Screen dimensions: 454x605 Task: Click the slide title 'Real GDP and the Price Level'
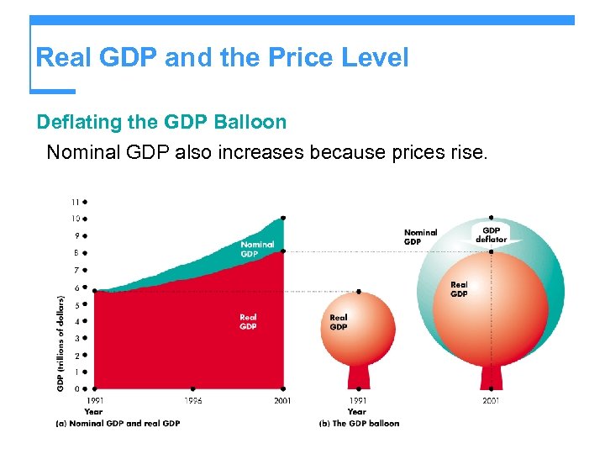point(222,58)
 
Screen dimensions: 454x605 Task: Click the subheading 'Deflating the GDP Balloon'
point(161,122)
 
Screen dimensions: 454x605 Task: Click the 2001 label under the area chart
point(282,401)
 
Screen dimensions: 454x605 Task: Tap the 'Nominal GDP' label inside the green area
point(257,249)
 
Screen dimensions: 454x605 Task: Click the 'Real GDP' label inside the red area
point(248,322)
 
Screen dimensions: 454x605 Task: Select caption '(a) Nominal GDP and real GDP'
point(118,423)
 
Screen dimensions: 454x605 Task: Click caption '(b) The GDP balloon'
point(359,423)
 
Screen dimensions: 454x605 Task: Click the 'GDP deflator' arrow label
point(492,235)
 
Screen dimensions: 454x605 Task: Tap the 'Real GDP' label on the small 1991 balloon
point(339,322)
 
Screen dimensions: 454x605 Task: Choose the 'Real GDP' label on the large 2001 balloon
point(459,289)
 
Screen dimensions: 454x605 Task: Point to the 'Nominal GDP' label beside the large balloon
point(420,237)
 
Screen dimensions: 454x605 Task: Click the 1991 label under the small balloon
point(357,401)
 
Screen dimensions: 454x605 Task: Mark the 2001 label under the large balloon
point(491,401)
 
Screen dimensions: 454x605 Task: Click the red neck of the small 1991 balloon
point(358,375)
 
